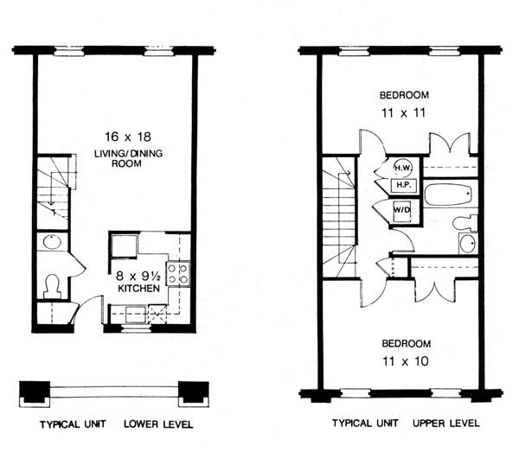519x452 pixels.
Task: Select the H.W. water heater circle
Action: (x=403, y=167)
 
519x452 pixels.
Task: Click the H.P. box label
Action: (x=402, y=185)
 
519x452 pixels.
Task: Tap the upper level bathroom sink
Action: (x=466, y=243)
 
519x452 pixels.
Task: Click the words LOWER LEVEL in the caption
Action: (x=158, y=424)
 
